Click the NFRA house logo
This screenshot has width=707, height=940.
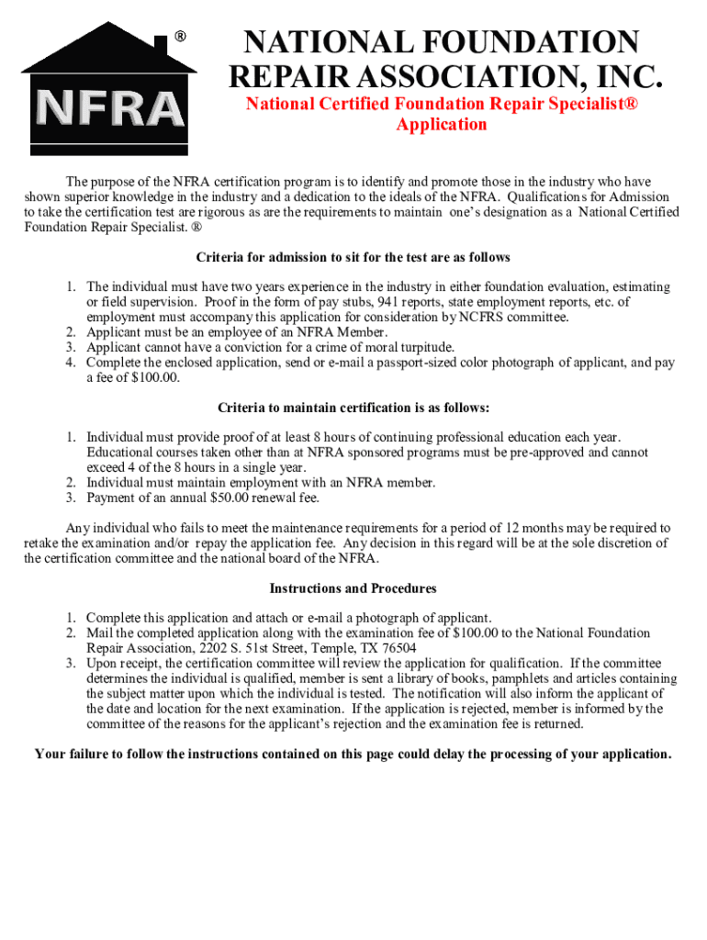coord(109,89)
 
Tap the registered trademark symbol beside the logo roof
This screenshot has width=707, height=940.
coord(181,37)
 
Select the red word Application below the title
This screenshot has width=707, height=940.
coord(441,125)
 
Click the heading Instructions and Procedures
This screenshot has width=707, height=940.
coord(353,588)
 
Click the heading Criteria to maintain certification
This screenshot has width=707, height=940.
coord(353,408)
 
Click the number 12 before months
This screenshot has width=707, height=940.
coord(514,528)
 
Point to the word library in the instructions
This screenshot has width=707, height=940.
coord(411,678)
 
